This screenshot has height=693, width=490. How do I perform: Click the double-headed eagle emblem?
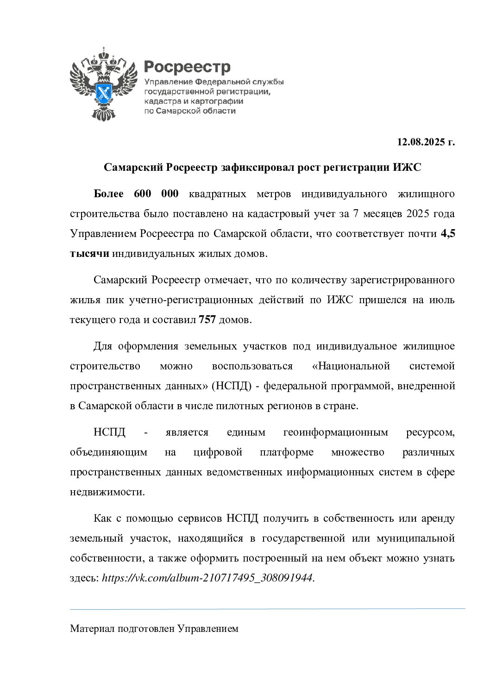tap(103, 84)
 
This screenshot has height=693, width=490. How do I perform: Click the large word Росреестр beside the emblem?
tap(187, 67)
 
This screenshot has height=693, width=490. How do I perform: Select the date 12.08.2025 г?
tap(426, 142)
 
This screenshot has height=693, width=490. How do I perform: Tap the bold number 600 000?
tap(156, 194)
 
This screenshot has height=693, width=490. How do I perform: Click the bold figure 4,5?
tap(447, 234)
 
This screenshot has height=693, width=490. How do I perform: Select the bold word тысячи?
tap(89, 254)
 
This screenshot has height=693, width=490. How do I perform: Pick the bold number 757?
tap(207, 320)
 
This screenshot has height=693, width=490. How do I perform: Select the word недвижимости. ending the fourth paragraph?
tap(107, 492)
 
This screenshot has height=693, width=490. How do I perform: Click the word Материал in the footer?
tap(92, 629)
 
